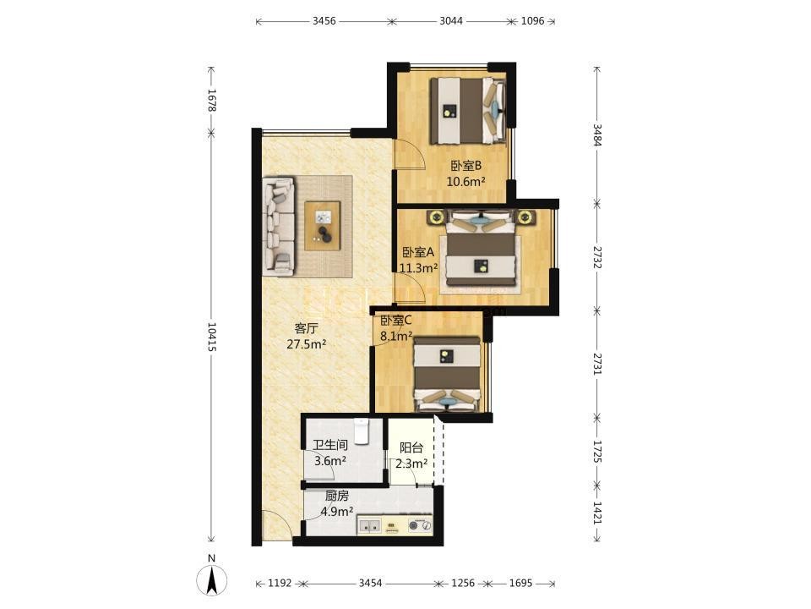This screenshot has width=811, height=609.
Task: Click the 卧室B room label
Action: point(466,166)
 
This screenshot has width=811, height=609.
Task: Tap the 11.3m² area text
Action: point(418,268)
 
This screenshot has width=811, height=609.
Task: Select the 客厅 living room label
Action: point(306,328)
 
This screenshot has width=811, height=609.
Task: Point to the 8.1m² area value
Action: point(396,336)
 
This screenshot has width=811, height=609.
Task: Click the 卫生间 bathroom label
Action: point(330,445)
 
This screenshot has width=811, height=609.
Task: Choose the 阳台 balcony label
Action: point(411,448)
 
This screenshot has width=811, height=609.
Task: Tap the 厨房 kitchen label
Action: point(337,497)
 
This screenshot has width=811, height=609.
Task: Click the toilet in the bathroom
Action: point(361,431)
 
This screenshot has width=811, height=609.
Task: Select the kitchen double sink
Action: point(369,525)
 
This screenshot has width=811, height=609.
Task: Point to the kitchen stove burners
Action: point(420,525)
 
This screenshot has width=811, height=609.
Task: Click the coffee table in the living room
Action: point(322,226)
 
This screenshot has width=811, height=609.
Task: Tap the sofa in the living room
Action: point(279,226)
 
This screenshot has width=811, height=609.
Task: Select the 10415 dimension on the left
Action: point(211,337)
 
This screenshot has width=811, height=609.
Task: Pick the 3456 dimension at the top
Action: point(324,21)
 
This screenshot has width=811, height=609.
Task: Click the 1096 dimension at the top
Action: point(533,21)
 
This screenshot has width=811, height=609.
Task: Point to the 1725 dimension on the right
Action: point(597,452)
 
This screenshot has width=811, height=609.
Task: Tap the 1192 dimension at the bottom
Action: point(280,583)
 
